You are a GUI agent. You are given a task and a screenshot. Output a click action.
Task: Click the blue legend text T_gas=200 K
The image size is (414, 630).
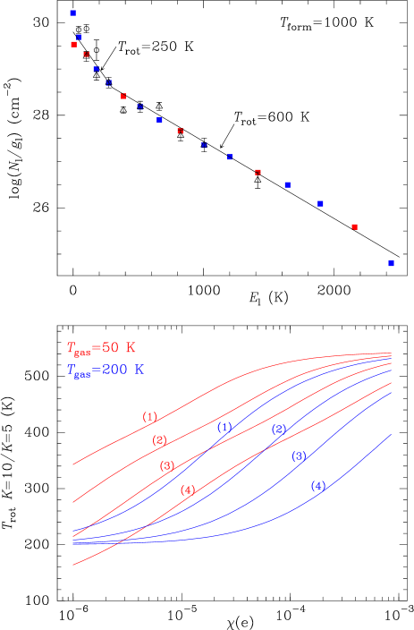point(104,370)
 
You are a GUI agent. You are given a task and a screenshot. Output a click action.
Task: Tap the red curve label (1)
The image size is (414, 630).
point(150,417)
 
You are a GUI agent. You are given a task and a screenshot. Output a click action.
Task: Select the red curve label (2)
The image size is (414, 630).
point(159,440)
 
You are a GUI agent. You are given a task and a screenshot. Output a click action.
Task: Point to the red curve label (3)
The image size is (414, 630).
point(167,466)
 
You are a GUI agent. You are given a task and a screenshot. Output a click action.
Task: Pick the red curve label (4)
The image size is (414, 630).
point(187,490)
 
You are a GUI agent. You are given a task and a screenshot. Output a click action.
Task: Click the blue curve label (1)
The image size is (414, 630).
point(224,428)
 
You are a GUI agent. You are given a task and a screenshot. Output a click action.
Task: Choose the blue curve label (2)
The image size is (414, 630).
point(279,430)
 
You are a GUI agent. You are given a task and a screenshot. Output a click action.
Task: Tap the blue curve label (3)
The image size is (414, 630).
point(299,456)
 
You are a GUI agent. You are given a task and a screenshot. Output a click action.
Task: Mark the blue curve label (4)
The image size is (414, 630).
point(318,486)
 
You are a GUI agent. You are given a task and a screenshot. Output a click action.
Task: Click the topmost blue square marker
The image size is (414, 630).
point(72,13)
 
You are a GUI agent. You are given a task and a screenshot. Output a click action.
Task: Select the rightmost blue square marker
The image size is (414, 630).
point(391,264)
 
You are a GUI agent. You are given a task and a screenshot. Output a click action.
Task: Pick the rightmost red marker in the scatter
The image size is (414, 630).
point(354,227)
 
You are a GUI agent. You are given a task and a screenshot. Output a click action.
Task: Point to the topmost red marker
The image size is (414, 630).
point(73,44)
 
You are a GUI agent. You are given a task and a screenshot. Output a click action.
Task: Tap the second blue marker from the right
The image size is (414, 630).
point(320,204)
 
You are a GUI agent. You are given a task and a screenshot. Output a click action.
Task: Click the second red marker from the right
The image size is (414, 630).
point(258,172)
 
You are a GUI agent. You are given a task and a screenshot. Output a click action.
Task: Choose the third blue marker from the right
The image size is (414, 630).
point(287,184)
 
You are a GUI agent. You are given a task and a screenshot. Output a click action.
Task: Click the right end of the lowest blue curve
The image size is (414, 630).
point(392,435)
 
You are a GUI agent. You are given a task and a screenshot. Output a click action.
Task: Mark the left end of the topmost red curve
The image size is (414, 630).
point(72,464)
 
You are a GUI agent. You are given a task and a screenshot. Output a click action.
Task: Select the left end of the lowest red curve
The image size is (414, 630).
point(72,565)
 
